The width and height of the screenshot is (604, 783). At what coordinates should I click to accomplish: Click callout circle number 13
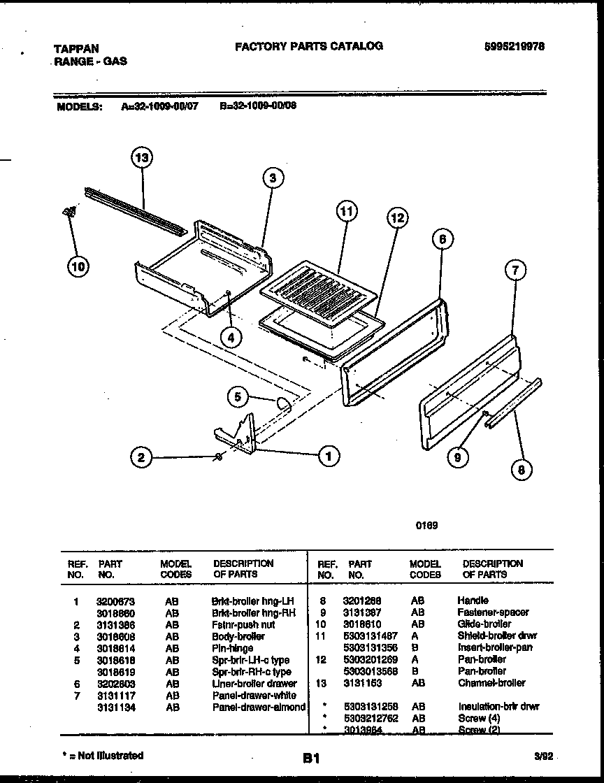click(x=142, y=159)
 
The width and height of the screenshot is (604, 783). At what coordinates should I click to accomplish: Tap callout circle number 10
click(x=79, y=266)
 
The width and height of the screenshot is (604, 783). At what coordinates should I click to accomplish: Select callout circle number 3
click(x=273, y=178)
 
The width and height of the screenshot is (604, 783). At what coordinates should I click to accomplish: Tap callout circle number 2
click(x=141, y=458)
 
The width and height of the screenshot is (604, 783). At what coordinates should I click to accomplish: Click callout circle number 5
click(x=238, y=397)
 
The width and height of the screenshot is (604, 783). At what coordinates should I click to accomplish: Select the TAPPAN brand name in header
click(x=76, y=49)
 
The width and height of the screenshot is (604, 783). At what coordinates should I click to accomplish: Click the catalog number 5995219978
click(x=515, y=46)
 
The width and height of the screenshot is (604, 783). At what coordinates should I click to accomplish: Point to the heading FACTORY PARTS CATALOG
click(x=308, y=46)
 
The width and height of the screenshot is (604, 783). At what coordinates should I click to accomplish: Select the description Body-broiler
click(x=238, y=637)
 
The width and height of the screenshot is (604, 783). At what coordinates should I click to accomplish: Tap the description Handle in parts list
click(x=473, y=601)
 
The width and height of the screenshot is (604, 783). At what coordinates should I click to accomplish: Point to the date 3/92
click(x=542, y=756)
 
